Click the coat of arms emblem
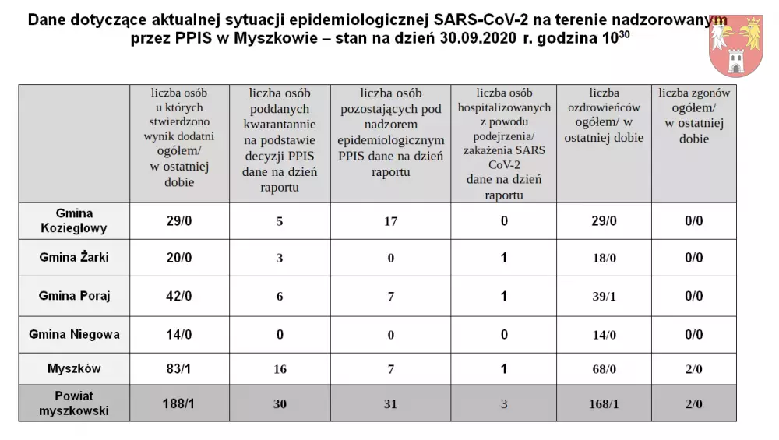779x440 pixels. (x=736, y=45)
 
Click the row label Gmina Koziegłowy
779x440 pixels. (x=74, y=221)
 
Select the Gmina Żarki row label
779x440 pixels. (x=74, y=258)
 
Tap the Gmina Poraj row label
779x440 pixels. (x=74, y=296)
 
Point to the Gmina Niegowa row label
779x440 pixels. (x=74, y=334)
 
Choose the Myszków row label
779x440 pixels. (x=74, y=368)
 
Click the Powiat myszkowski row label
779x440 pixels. (x=74, y=403)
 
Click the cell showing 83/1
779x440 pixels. (x=180, y=368)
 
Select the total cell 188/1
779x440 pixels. (x=180, y=403)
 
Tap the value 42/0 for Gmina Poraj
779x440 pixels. (x=180, y=296)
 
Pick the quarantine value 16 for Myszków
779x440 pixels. (x=280, y=369)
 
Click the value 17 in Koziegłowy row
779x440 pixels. (x=390, y=221)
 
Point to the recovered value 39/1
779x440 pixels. (x=604, y=296)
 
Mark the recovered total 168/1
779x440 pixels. (x=604, y=403)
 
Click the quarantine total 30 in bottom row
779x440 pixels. (x=280, y=403)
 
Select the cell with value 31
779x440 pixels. (x=390, y=403)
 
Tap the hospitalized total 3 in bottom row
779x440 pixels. (x=504, y=403)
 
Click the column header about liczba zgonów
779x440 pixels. (x=693, y=116)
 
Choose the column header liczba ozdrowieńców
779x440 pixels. (x=604, y=116)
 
